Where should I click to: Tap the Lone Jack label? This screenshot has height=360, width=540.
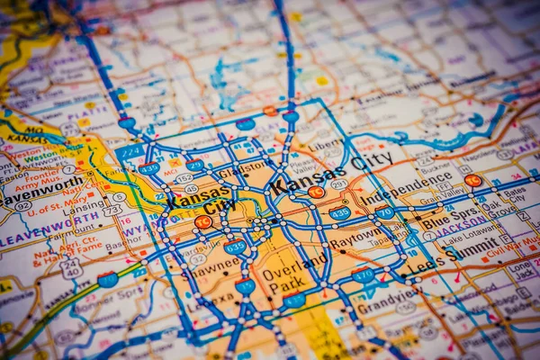tap(522, 267)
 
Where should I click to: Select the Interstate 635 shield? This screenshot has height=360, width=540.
tap(235, 246)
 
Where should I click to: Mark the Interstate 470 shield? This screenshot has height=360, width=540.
tap(364, 275)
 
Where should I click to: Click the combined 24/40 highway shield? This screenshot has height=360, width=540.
tap(71, 268)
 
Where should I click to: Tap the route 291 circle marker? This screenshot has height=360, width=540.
tap(338, 184)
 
